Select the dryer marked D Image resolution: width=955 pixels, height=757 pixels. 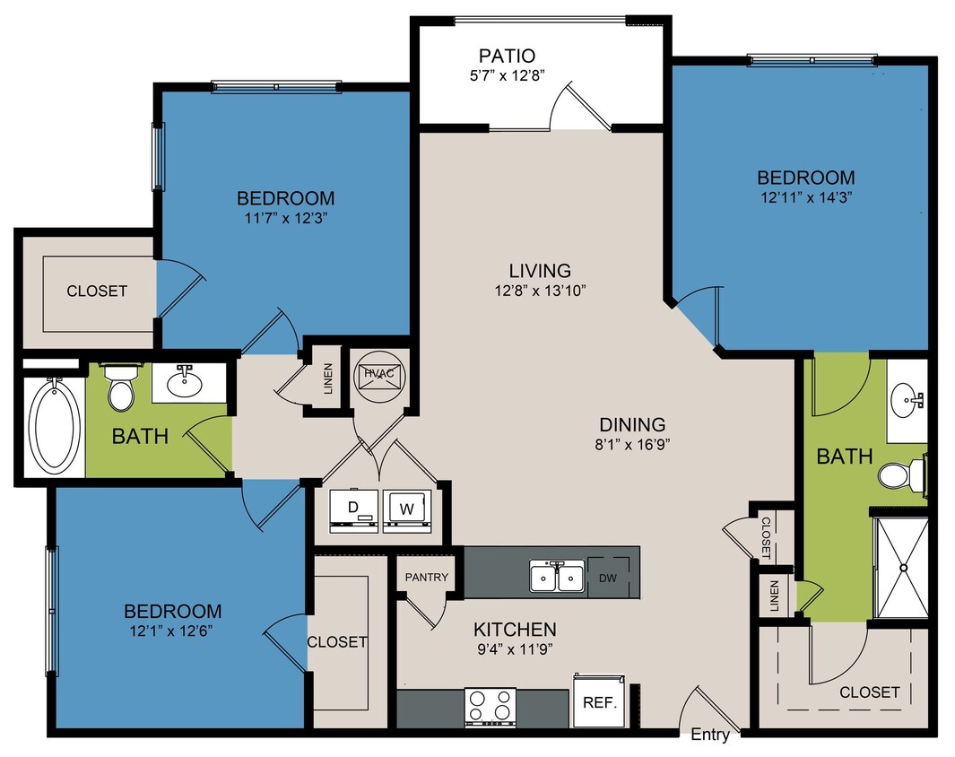click(353, 509)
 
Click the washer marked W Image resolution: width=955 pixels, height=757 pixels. click(407, 509)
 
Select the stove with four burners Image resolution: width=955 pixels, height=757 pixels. click(490, 706)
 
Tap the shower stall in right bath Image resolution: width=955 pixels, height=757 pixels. click(901, 567)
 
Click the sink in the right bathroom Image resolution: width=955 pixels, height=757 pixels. click(907, 399)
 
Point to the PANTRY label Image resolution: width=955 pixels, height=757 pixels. click(427, 578)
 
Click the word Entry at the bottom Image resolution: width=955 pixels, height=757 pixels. click(710, 736)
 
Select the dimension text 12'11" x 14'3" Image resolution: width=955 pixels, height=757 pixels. click(805, 197)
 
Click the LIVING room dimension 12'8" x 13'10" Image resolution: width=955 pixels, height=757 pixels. click(540, 290)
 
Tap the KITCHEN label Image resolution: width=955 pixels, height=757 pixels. click(516, 630)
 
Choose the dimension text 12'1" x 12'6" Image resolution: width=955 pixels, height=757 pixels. click(173, 631)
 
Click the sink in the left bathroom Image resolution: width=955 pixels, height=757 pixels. click(185, 381)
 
